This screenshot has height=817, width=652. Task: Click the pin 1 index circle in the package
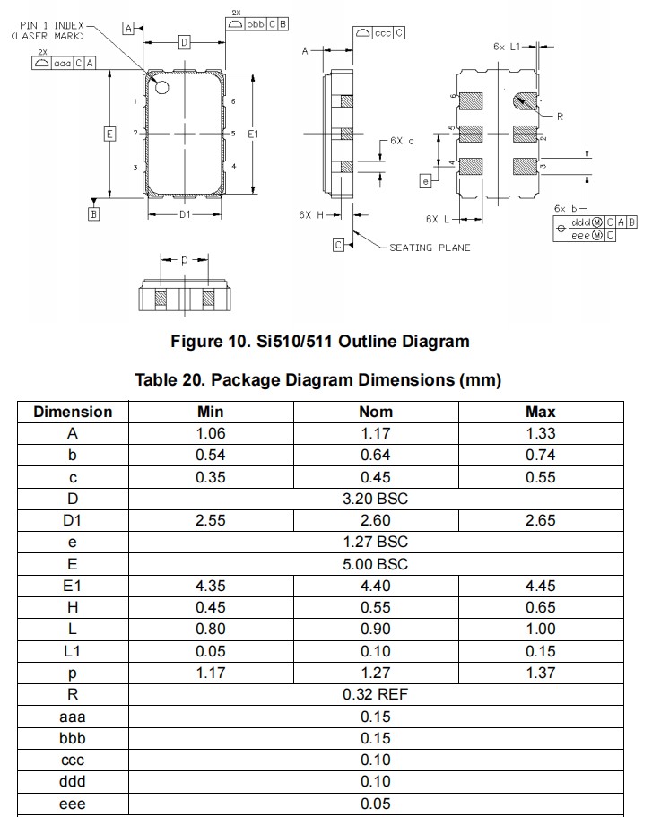click(x=163, y=87)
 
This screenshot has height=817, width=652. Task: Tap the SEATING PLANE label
click(x=430, y=248)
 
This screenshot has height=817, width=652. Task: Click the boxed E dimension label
click(x=109, y=135)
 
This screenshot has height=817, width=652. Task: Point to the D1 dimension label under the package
click(x=184, y=215)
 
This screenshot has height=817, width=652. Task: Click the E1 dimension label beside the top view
click(x=253, y=134)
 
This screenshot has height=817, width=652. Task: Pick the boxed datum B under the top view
click(x=93, y=213)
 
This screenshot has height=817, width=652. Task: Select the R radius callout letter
click(x=559, y=117)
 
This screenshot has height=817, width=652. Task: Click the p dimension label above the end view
click(x=184, y=260)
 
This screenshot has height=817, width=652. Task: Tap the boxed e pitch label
click(x=425, y=181)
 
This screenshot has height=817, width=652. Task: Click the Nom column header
click(x=375, y=412)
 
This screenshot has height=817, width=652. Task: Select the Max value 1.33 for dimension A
click(x=540, y=433)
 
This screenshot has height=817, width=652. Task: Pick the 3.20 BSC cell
click(x=375, y=499)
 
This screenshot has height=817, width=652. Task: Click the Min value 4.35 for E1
click(x=210, y=586)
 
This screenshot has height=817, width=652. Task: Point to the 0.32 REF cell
click(x=375, y=694)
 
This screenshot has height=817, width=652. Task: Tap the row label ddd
click(x=73, y=781)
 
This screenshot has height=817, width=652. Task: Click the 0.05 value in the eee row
click(x=375, y=803)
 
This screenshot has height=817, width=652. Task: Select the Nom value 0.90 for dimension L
click(x=375, y=629)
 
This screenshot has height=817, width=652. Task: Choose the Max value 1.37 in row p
click(x=540, y=673)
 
